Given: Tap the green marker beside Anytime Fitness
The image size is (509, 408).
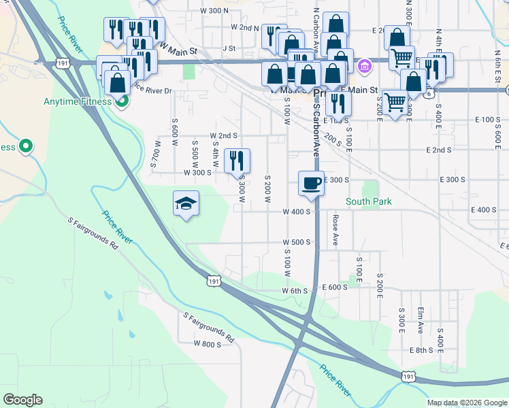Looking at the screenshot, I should (x=122, y=102).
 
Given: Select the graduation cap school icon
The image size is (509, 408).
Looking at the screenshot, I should (x=186, y=203).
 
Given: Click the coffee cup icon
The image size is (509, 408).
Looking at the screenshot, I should (x=311, y=184).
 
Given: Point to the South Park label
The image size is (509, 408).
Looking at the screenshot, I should (x=369, y=201).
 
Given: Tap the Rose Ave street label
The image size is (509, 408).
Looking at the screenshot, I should (x=335, y=231).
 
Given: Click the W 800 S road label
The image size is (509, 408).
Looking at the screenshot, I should (x=207, y=345).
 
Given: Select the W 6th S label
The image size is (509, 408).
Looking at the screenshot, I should (x=295, y=290).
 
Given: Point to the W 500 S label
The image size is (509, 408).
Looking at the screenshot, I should (x=297, y=242).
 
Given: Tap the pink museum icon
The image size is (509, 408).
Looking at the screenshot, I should (x=364, y=66).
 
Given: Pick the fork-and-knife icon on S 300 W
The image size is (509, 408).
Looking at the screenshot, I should (x=237, y=160).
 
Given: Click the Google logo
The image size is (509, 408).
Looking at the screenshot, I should (x=22, y=400).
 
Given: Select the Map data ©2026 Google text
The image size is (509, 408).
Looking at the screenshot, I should (x=467, y=403).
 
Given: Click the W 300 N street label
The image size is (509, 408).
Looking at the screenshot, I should (x=214, y=11).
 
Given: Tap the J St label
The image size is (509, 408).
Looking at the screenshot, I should (x=228, y=48).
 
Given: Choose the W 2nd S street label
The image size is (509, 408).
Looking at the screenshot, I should (x=223, y=135).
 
